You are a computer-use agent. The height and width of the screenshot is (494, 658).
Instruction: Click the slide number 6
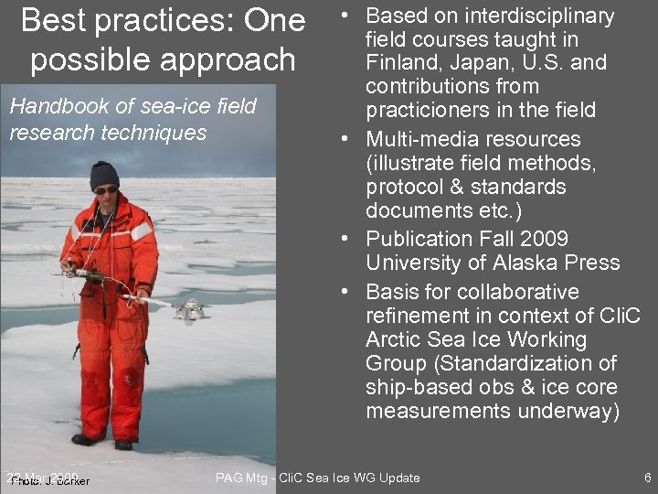click(x=647, y=478)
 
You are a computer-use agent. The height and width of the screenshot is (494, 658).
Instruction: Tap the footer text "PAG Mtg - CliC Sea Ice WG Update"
click(x=317, y=478)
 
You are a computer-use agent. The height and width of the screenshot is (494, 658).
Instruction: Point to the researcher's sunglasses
click(x=106, y=190)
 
